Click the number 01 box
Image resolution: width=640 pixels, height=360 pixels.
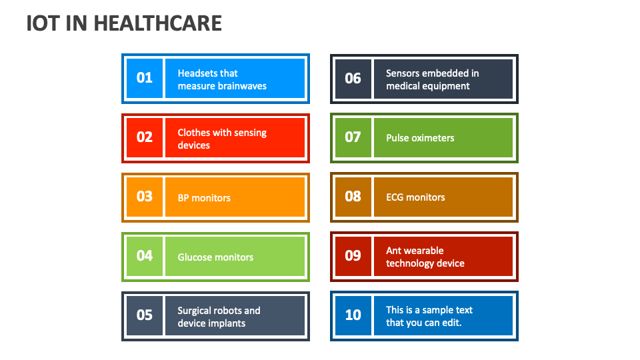point(145,78)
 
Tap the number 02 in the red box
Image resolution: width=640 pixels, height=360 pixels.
point(145,137)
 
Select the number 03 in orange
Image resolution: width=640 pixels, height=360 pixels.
point(145,197)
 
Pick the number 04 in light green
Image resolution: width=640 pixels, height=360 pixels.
point(145,256)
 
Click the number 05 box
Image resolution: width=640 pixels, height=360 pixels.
point(145,315)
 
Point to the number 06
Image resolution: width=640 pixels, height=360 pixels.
point(353,79)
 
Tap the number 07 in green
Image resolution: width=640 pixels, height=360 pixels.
point(353,137)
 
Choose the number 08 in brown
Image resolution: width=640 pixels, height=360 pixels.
point(353,197)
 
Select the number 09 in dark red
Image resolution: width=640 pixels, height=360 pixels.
point(353,255)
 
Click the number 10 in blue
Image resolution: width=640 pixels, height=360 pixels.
point(353,315)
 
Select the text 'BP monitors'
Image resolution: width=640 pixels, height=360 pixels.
point(204,198)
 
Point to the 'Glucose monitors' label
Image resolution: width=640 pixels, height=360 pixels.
point(215,257)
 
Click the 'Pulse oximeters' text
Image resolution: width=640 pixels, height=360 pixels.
point(420,138)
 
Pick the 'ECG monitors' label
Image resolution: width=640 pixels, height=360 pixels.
point(415,197)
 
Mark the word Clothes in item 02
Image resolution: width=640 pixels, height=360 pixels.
point(193,133)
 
